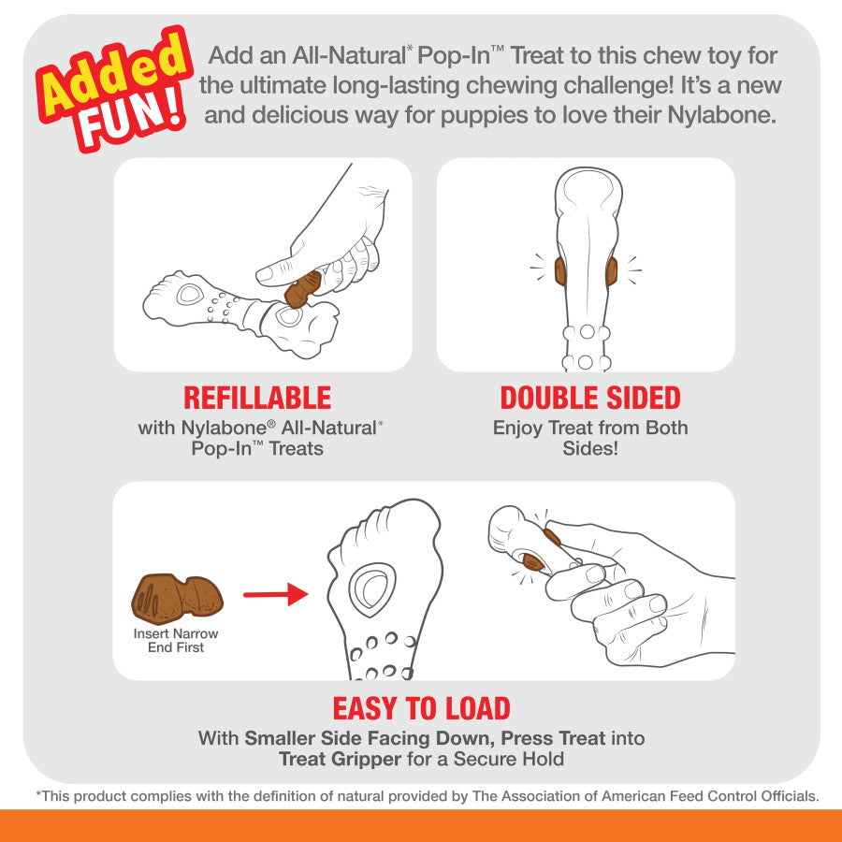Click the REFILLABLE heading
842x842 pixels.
click(x=257, y=398)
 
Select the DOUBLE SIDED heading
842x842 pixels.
click(x=589, y=398)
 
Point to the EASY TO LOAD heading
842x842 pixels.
click(x=421, y=708)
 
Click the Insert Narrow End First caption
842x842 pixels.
click(x=176, y=640)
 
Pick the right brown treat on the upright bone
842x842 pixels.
click(x=612, y=271)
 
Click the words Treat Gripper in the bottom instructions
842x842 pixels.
click(x=340, y=759)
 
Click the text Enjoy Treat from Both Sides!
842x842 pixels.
click(x=589, y=438)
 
